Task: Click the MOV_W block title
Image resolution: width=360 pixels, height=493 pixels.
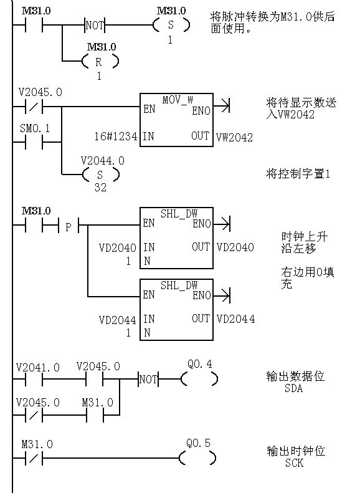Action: [178, 100]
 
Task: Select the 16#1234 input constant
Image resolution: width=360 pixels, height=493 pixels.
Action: [116, 136]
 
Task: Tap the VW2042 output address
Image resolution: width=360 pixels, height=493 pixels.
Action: [234, 137]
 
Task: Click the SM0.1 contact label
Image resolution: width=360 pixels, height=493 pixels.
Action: [35, 128]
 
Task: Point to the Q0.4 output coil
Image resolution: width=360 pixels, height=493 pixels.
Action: [199, 379]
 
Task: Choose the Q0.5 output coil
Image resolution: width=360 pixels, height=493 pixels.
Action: [197, 458]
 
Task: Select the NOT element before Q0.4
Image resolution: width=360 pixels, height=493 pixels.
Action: [148, 379]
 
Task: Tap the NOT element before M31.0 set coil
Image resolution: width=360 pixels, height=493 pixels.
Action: [95, 25]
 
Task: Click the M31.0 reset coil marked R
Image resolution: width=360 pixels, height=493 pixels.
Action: [100, 62]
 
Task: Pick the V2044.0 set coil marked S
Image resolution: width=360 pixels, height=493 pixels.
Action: [101, 175]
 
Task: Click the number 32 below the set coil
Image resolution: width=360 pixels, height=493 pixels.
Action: [100, 188]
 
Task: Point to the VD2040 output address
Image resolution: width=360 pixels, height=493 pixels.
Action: [235, 247]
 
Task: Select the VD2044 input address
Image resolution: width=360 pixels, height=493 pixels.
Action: [118, 320]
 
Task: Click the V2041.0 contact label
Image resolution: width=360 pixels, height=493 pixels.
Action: [38, 367]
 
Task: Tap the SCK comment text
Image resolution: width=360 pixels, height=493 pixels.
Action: [295, 463]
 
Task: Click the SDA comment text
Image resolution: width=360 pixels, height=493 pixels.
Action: [294, 388]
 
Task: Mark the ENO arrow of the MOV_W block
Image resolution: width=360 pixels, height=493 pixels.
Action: [222, 105]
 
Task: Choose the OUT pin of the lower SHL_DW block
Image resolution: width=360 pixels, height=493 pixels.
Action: [201, 318]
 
